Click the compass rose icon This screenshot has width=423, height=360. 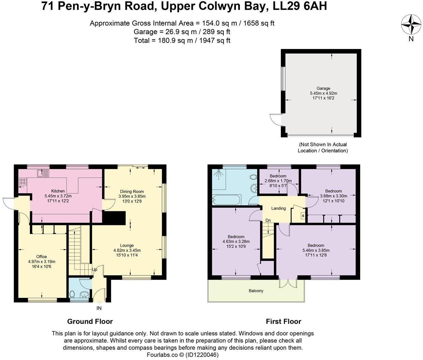pos(411,25)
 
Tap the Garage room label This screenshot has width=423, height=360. pos(323,88)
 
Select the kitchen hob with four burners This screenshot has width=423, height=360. pos(23,181)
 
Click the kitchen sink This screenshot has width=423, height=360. pos(44,174)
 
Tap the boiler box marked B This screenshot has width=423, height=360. pos(303,216)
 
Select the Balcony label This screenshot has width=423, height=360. pos(256,291)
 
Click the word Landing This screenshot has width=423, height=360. pos(278,208)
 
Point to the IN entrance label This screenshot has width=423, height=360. pos(99,308)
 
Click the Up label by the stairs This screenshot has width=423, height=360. pos(94,270)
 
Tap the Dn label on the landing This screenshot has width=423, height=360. pos(268,221)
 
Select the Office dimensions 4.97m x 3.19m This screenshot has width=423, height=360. pos(42,262)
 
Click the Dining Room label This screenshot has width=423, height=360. pos(132,192)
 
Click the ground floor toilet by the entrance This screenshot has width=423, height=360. pos(72,294)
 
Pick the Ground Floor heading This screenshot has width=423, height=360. pos(90,321)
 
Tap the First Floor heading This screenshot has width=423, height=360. pos(283,321)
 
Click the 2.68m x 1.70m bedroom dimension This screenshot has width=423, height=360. pos(278,181)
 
